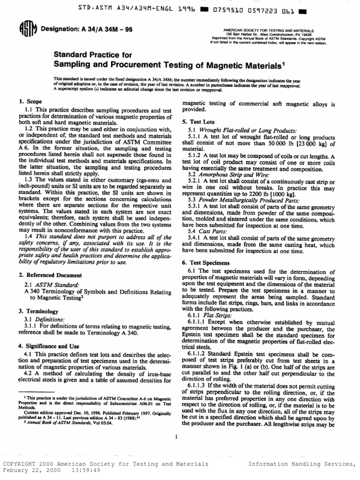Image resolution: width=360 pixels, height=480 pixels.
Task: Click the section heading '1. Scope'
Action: (31, 101)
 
